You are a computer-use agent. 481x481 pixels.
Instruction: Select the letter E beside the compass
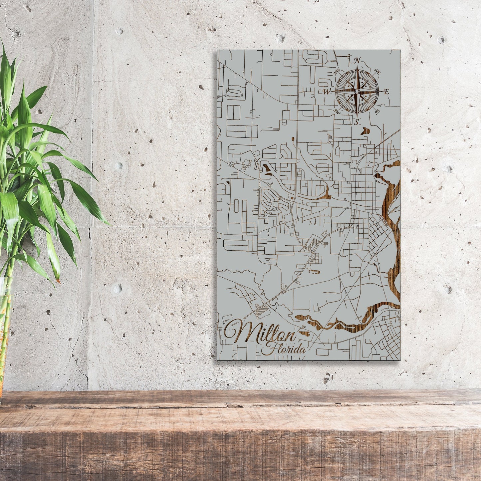pos(386,92)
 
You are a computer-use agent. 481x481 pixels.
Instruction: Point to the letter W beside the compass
pos(327,92)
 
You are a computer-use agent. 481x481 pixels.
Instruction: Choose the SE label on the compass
pos(377,112)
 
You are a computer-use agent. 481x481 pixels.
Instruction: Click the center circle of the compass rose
pos(357,91)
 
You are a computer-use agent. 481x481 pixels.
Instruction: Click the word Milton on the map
pos(260,332)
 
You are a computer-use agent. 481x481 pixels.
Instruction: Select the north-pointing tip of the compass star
pos(357,67)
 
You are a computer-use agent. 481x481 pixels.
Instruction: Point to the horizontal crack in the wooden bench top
pos(233,405)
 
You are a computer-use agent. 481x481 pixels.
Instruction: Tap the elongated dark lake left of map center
pos(268,170)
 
